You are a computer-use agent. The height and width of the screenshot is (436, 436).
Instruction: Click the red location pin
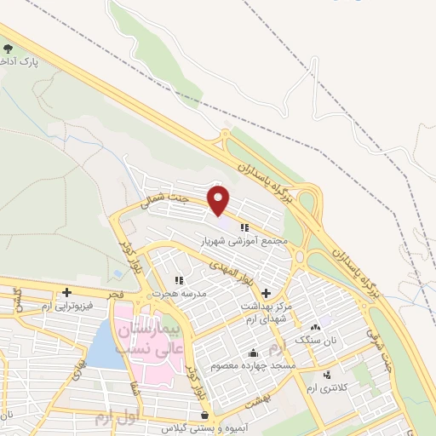click(219, 200)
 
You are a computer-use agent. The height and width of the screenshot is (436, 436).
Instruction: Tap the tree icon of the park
click(9, 51)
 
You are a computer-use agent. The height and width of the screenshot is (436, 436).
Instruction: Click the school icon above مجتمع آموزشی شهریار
click(245, 227)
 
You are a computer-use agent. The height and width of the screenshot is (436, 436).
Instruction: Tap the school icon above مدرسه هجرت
click(179, 280)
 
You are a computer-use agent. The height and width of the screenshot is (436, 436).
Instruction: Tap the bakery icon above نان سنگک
click(316, 327)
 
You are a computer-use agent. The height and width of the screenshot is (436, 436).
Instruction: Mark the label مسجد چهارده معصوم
click(255, 366)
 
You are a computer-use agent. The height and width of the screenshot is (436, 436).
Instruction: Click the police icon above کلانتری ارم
click(326, 375)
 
